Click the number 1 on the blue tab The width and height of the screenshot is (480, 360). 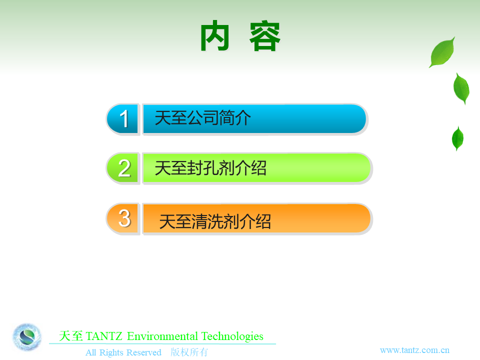click(x=124, y=119)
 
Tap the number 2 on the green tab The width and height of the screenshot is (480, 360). click(x=124, y=168)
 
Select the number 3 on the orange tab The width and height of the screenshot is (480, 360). click(x=124, y=218)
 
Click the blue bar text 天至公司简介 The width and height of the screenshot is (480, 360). click(x=202, y=118)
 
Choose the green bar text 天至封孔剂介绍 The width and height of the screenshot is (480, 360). click(x=210, y=168)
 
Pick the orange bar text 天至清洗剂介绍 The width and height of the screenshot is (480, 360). click(x=215, y=221)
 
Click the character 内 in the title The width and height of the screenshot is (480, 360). click(x=215, y=35)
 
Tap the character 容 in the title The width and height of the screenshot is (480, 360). click(x=265, y=36)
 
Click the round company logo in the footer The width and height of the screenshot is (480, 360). click(x=27, y=337)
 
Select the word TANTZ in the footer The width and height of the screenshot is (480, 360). click(x=104, y=336)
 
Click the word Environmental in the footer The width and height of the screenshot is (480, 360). click(x=162, y=336)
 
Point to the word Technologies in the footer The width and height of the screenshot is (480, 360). click(x=232, y=336)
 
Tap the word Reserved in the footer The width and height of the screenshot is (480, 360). click(x=144, y=352)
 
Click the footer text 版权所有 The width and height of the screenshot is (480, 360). click(x=189, y=352)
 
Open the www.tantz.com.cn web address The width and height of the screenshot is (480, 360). click(x=415, y=350)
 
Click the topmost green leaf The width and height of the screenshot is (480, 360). click(x=442, y=52)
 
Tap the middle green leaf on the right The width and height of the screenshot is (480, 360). click(x=461, y=88)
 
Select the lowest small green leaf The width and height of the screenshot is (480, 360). click(x=457, y=138)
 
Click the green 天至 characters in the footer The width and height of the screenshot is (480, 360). click(x=70, y=336)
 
